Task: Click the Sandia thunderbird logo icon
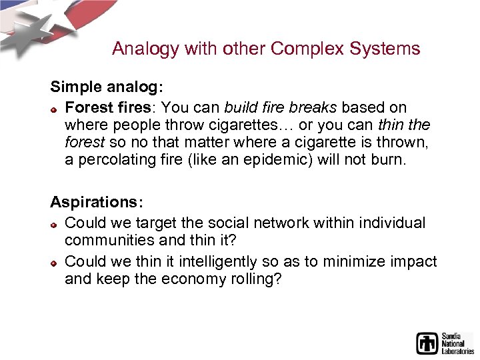[427, 343]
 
